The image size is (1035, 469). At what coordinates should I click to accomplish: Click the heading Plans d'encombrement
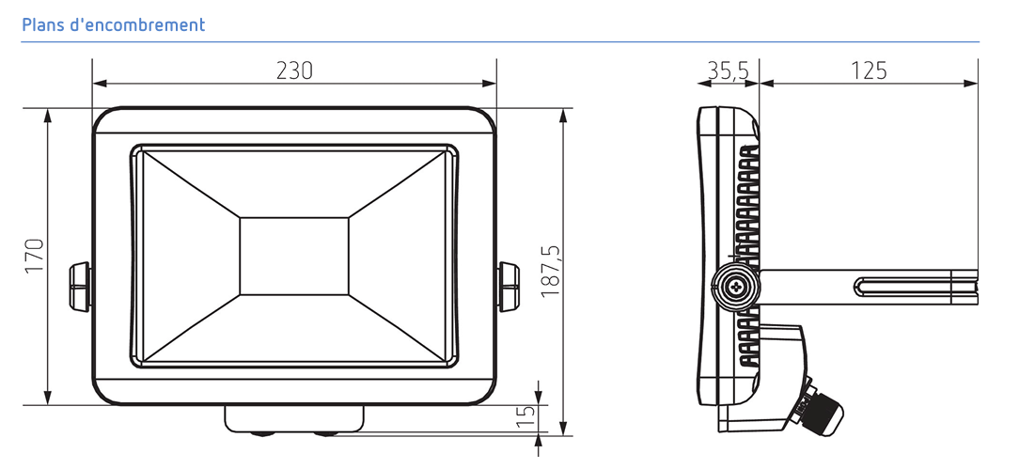[114, 25]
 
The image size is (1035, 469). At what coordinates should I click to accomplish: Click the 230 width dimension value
[294, 70]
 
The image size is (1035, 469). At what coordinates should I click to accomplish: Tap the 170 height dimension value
[35, 256]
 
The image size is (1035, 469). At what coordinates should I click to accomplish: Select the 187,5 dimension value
[551, 271]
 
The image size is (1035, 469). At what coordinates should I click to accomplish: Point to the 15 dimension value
[525, 417]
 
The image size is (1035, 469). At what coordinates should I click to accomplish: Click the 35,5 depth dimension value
[729, 70]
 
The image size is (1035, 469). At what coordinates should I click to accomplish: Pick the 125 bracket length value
[869, 70]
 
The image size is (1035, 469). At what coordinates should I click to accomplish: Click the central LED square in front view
[293, 256]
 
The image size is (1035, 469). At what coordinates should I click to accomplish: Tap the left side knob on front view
[80, 287]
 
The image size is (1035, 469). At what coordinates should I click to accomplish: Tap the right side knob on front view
[509, 287]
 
